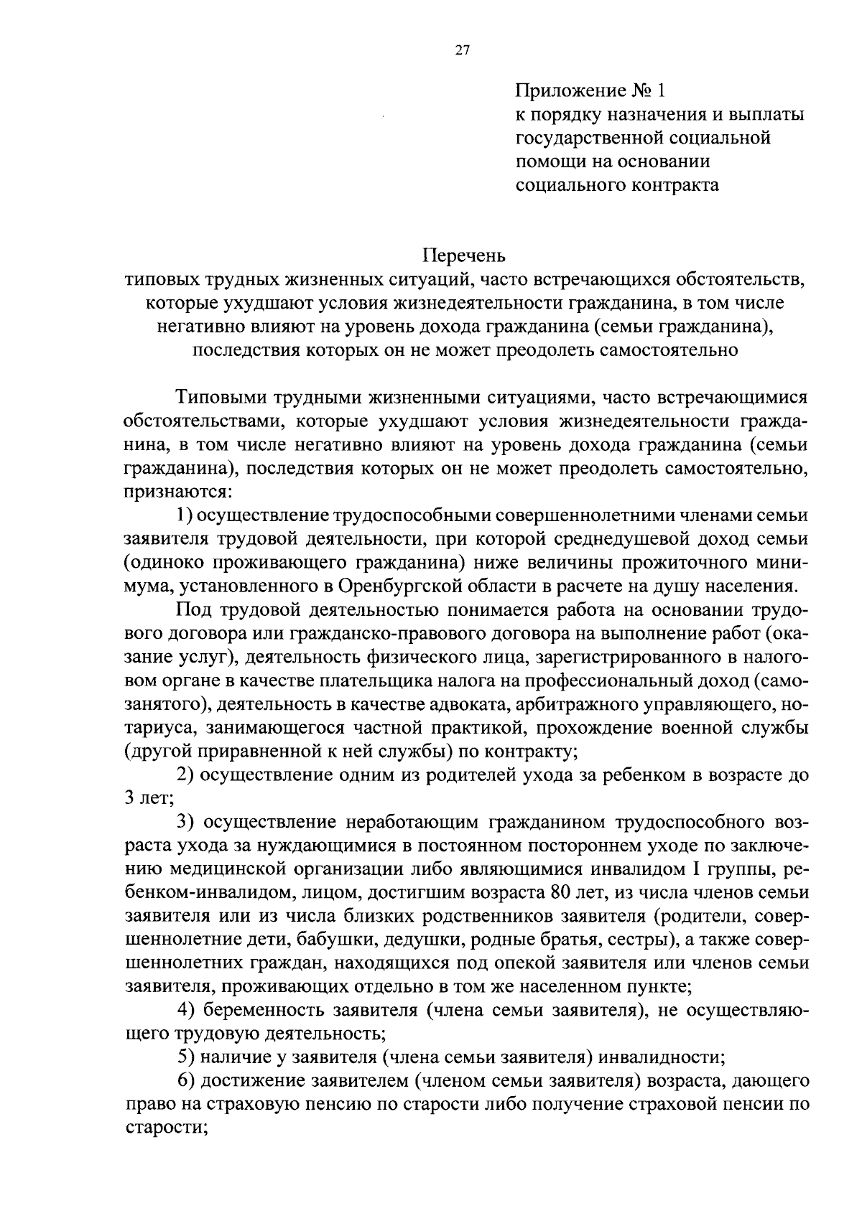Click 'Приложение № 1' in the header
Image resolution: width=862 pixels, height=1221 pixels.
click(590, 91)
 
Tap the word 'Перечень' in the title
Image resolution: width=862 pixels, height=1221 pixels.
click(463, 256)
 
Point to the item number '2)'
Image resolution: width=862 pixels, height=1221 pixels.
click(185, 775)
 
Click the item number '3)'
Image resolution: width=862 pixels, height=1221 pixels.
click(186, 823)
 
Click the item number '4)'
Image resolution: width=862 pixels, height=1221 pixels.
click(186, 1011)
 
